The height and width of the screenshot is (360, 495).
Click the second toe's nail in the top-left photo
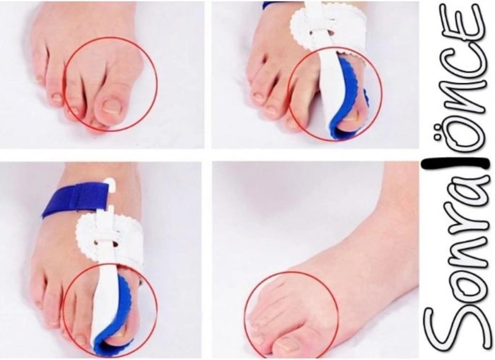coord(73,111)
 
